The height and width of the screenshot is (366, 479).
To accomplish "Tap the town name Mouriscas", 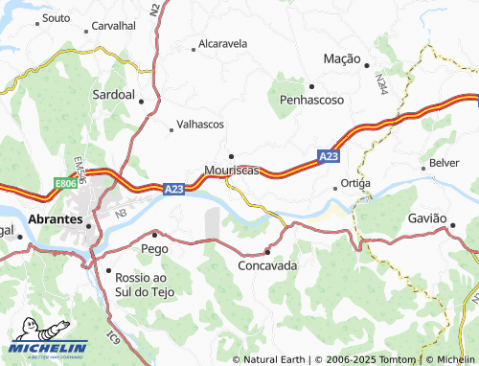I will click(x=232, y=171).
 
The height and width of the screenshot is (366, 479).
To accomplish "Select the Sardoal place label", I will click(x=113, y=97).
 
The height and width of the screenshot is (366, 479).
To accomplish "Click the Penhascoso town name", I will click(x=311, y=100).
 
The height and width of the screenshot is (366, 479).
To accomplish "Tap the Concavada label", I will click(x=267, y=265).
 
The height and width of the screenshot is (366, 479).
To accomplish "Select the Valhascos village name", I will click(x=200, y=126).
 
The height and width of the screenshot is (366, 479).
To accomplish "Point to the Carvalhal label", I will click(x=113, y=26).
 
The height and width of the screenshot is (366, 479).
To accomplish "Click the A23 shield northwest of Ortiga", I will click(x=328, y=155).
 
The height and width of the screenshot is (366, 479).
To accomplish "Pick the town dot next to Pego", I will click(x=154, y=234).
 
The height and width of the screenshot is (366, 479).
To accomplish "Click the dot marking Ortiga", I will click(x=335, y=183).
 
